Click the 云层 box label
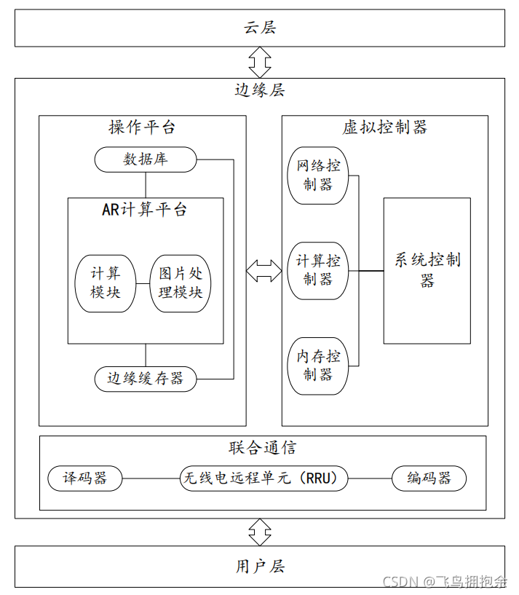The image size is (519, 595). click(260, 28)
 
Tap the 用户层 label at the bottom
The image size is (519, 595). click(260, 566)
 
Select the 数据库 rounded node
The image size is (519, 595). click(146, 159)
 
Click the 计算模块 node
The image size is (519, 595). click(106, 283)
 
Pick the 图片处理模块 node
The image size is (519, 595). click(181, 283)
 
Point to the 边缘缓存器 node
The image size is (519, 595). click(146, 378)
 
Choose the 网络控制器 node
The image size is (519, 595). click(318, 176)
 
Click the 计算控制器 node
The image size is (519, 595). click(318, 270)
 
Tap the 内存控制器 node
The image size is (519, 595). click(318, 366)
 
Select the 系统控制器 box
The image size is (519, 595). click(427, 270)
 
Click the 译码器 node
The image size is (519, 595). click(84, 478)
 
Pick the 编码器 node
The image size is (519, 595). click(429, 478)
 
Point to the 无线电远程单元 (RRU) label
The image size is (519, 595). click(264, 478)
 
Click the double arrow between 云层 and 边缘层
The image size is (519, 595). click(260, 63)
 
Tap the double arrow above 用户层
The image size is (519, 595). click(260, 532)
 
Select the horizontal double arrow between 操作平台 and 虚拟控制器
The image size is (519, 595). click(264, 270)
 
